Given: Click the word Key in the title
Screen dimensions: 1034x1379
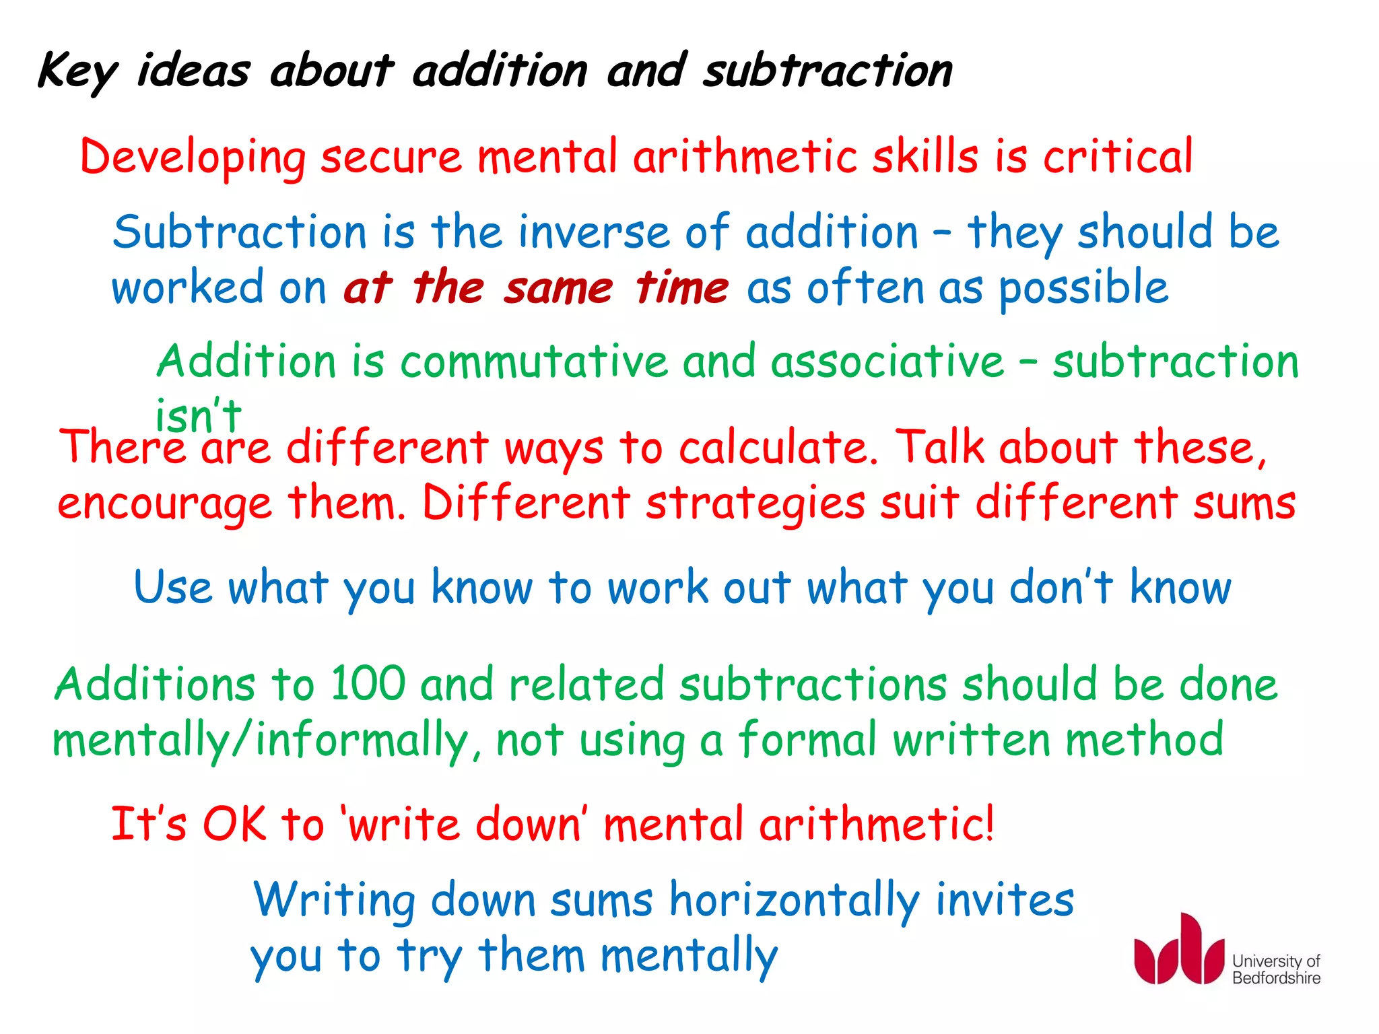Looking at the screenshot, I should (77, 71).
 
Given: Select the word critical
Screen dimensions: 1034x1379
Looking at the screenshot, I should (1118, 156).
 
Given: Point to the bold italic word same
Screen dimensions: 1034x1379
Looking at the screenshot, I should (558, 288).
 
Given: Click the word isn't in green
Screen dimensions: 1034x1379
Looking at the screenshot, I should (198, 415).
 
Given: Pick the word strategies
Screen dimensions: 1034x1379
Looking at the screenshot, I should (755, 504).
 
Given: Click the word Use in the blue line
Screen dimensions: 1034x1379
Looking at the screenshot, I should (173, 587).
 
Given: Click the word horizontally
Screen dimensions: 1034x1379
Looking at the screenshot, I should (795, 901).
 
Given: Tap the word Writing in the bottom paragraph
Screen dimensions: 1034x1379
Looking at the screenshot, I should (334, 901).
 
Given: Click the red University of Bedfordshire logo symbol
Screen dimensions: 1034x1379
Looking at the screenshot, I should (1179, 950).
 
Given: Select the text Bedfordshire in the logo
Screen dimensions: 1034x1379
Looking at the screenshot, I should (1276, 978).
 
